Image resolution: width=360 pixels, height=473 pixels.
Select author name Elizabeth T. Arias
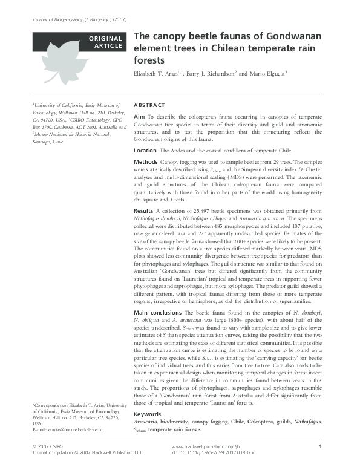[159, 74]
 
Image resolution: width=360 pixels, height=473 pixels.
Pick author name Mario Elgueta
[261, 74]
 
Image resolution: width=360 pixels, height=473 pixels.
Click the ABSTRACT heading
[147, 105]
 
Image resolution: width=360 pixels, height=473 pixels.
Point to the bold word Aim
[139, 116]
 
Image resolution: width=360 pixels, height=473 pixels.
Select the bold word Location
[145, 150]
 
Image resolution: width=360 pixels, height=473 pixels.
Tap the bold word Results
[143, 210]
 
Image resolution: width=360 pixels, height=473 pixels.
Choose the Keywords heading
[148, 414]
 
